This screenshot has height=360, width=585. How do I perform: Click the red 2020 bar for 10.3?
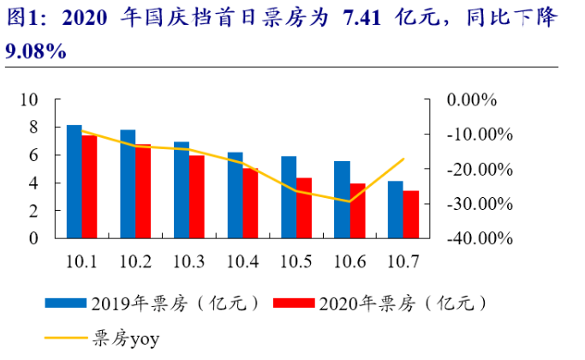(197, 196)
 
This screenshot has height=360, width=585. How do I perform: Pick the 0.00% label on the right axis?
(473, 99)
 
